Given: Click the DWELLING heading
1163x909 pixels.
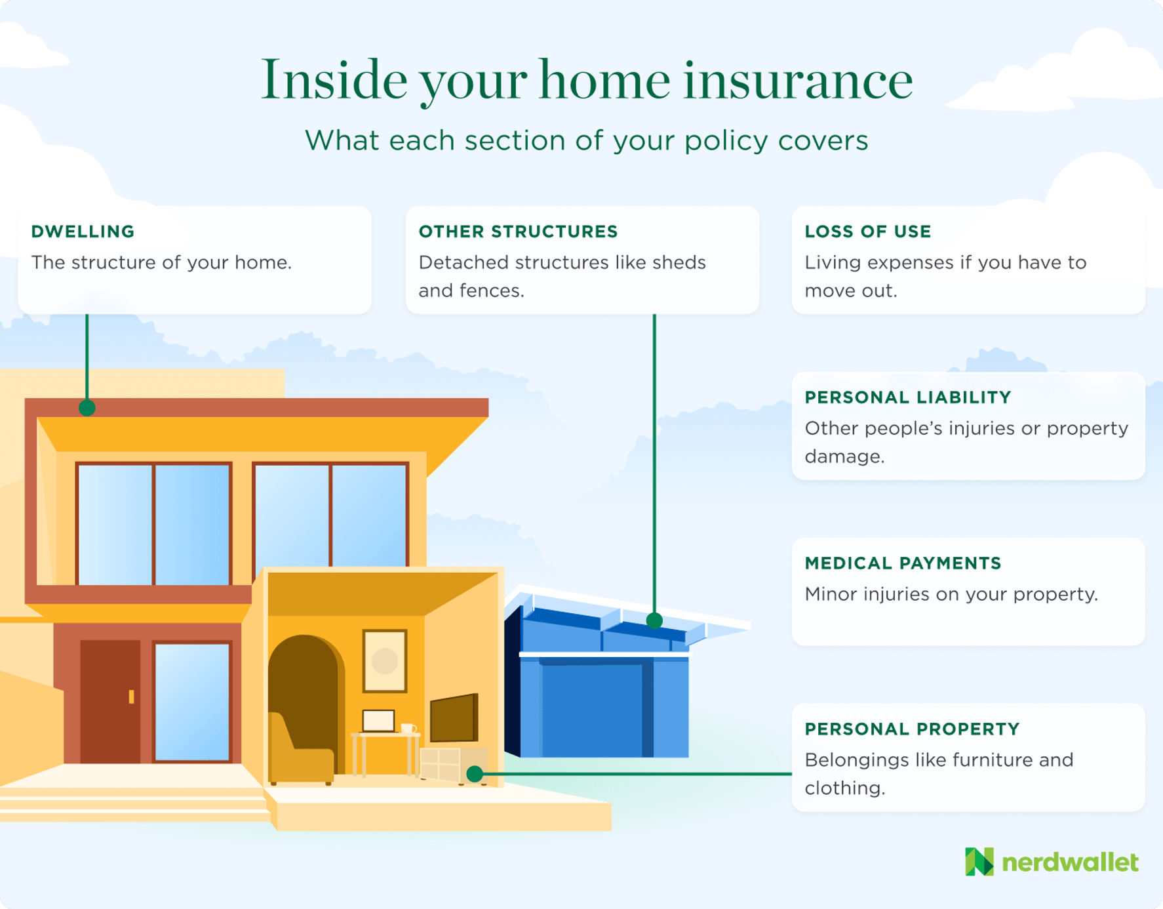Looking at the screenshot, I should (83, 232).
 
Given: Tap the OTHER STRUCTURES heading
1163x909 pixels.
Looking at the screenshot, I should (518, 232).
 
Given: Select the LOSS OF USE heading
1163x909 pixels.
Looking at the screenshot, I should (867, 232).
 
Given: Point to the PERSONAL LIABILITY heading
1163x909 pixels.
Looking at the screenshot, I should (907, 397).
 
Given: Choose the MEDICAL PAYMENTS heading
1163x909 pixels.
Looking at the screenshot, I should (903, 563).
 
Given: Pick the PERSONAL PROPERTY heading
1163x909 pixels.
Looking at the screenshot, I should (912, 729).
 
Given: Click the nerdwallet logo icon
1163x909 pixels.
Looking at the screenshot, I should (979, 862).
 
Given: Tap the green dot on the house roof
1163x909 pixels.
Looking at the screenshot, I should (87, 408).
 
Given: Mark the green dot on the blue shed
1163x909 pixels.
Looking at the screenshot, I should (654, 620).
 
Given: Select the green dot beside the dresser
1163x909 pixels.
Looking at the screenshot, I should (475, 774).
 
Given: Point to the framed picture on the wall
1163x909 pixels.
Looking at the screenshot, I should (385, 660).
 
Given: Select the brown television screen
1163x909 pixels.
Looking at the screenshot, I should (454, 717).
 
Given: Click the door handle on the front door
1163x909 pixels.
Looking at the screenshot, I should (132, 697).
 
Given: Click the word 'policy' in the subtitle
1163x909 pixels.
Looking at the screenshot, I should (726, 140).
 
